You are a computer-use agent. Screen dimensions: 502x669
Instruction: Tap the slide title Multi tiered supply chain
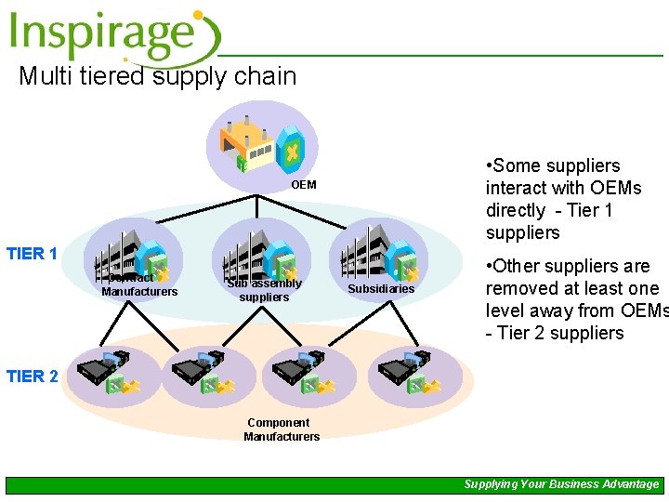point(157,76)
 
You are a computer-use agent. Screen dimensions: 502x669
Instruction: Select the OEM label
point(303,185)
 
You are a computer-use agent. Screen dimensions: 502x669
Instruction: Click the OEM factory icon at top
point(268,147)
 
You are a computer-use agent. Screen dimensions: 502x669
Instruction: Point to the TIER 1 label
point(32,254)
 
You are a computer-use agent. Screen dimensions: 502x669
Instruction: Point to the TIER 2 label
point(32,376)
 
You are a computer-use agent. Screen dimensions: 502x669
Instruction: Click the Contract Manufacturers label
point(138,285)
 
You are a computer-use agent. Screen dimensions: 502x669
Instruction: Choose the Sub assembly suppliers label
point(264,290)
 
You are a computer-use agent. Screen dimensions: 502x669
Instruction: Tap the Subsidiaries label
point(381,289)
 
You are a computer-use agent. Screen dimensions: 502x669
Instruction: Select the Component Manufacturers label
point(282,429)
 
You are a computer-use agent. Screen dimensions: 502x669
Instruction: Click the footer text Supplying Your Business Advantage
point(561,484)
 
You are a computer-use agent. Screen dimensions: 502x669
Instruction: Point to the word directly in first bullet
point(516,210)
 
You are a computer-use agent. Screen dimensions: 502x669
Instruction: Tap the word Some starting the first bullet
point(518,165)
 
